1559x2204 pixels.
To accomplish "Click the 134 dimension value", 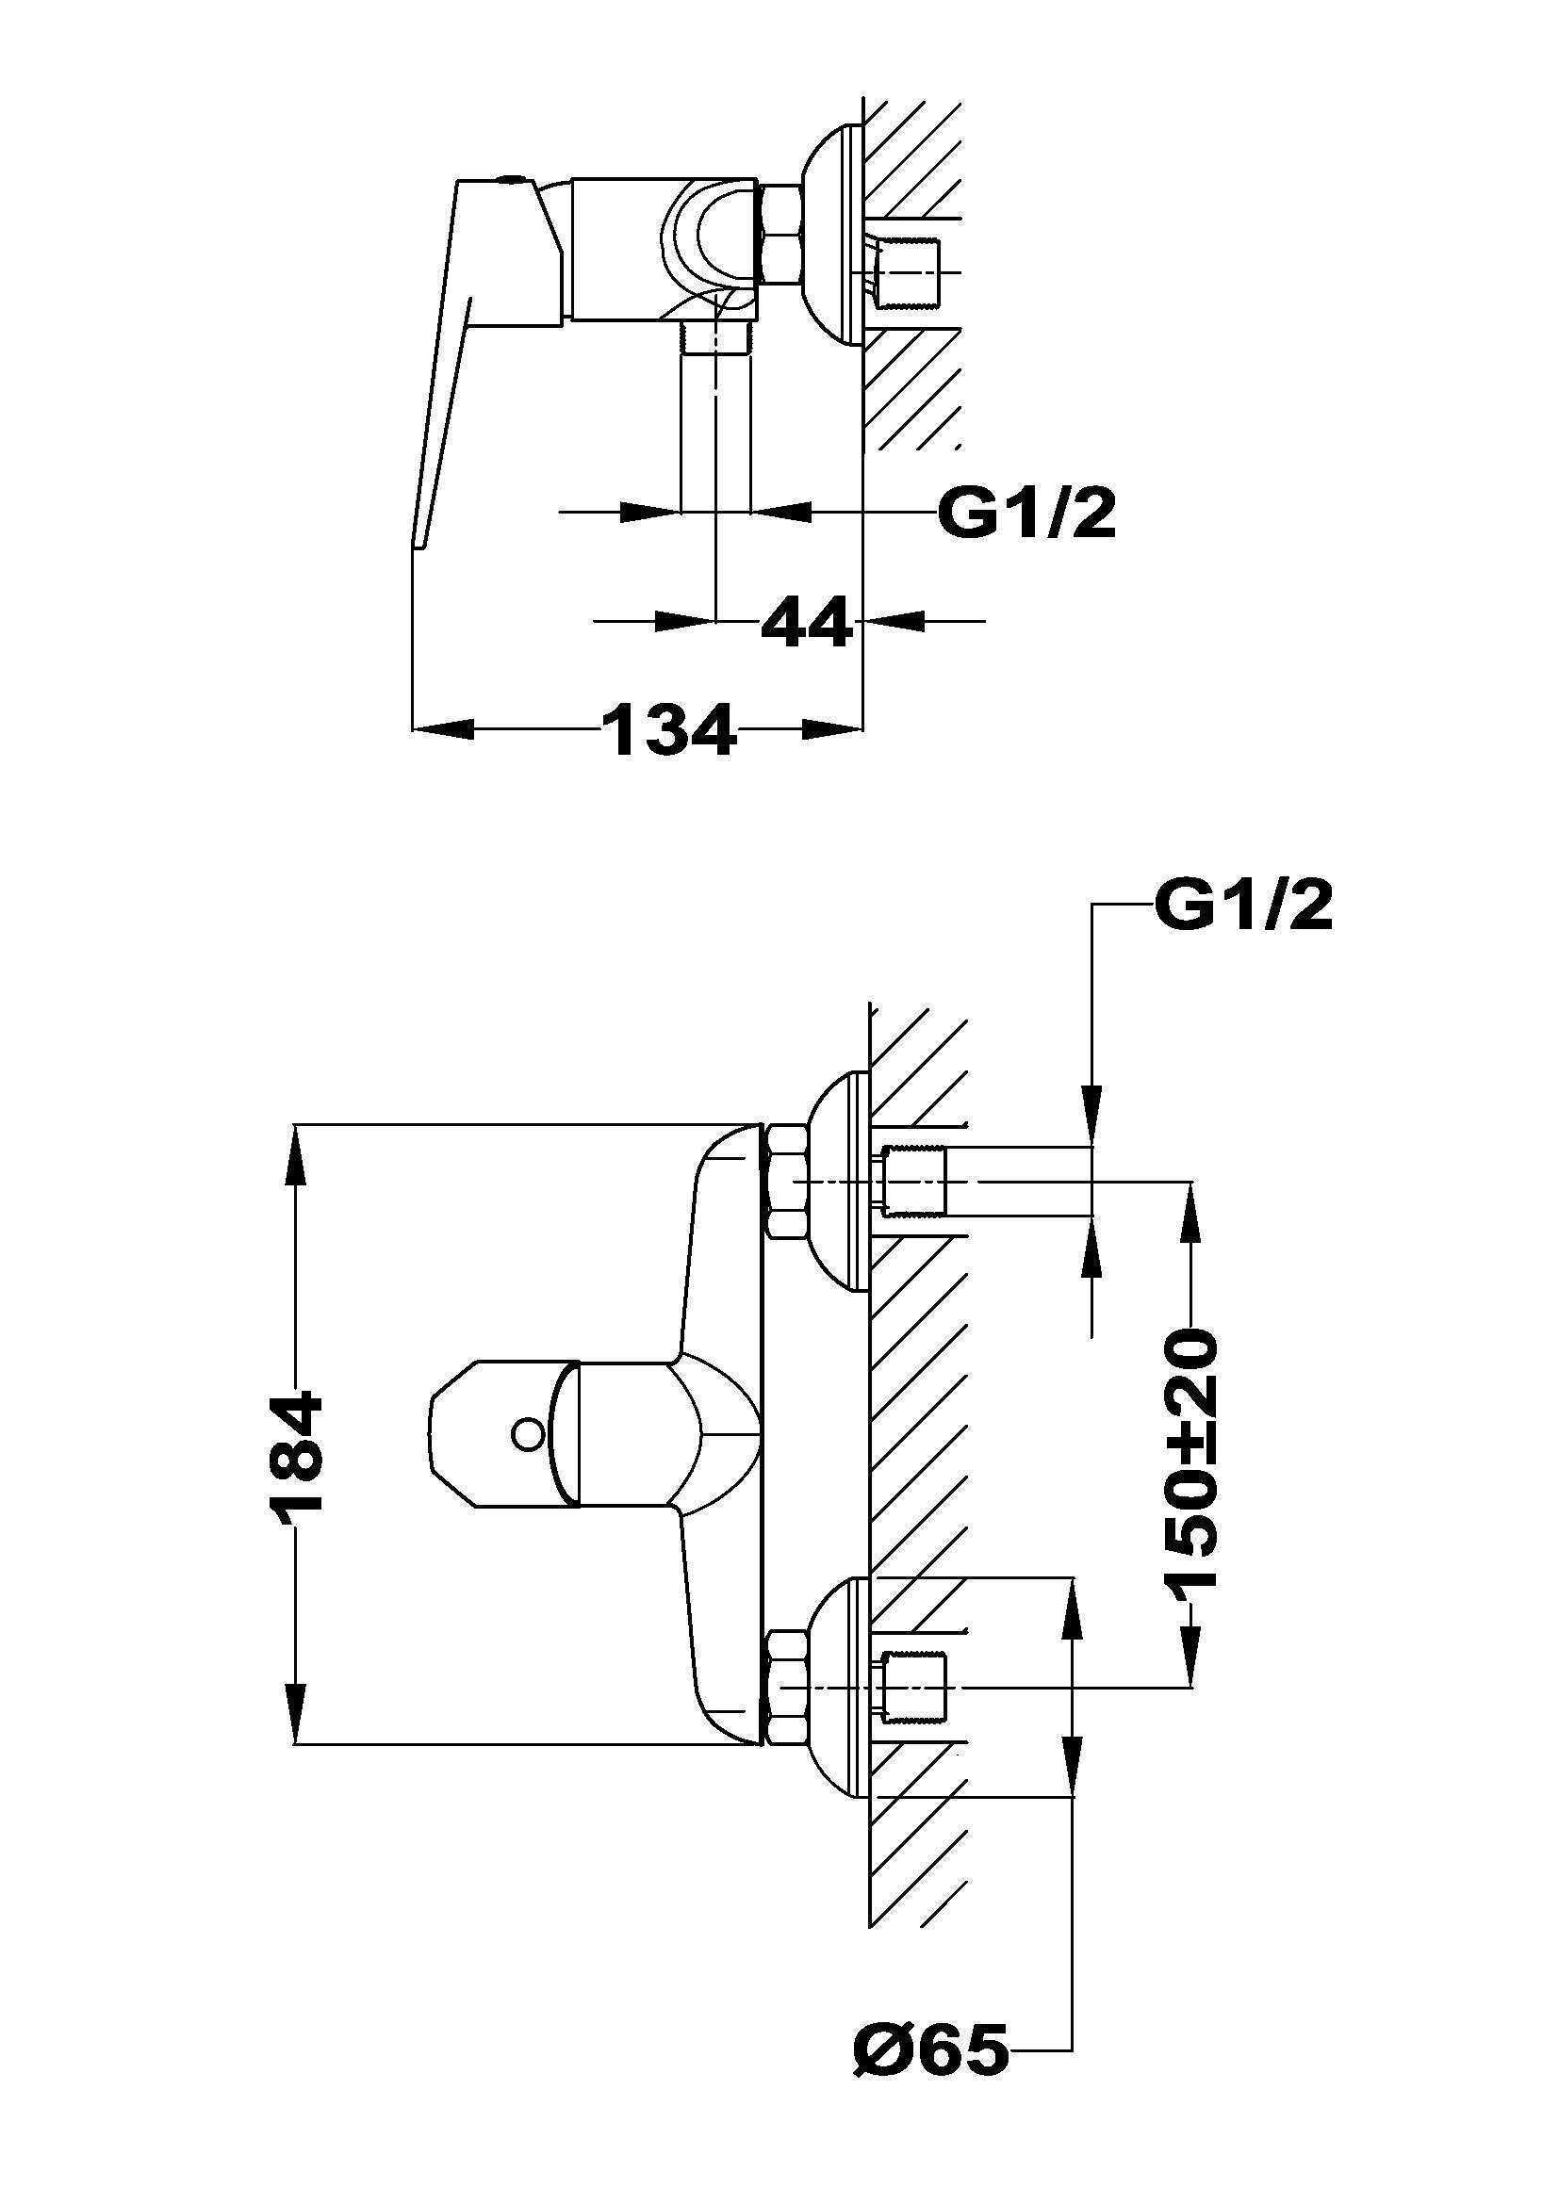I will [669, 730].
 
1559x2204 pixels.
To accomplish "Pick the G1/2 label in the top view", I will [1026, 515].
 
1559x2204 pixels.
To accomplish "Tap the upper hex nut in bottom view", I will [787, 1182].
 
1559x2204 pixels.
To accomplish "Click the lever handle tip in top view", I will [419, 537].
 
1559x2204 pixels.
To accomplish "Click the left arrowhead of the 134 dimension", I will [441, 729].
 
